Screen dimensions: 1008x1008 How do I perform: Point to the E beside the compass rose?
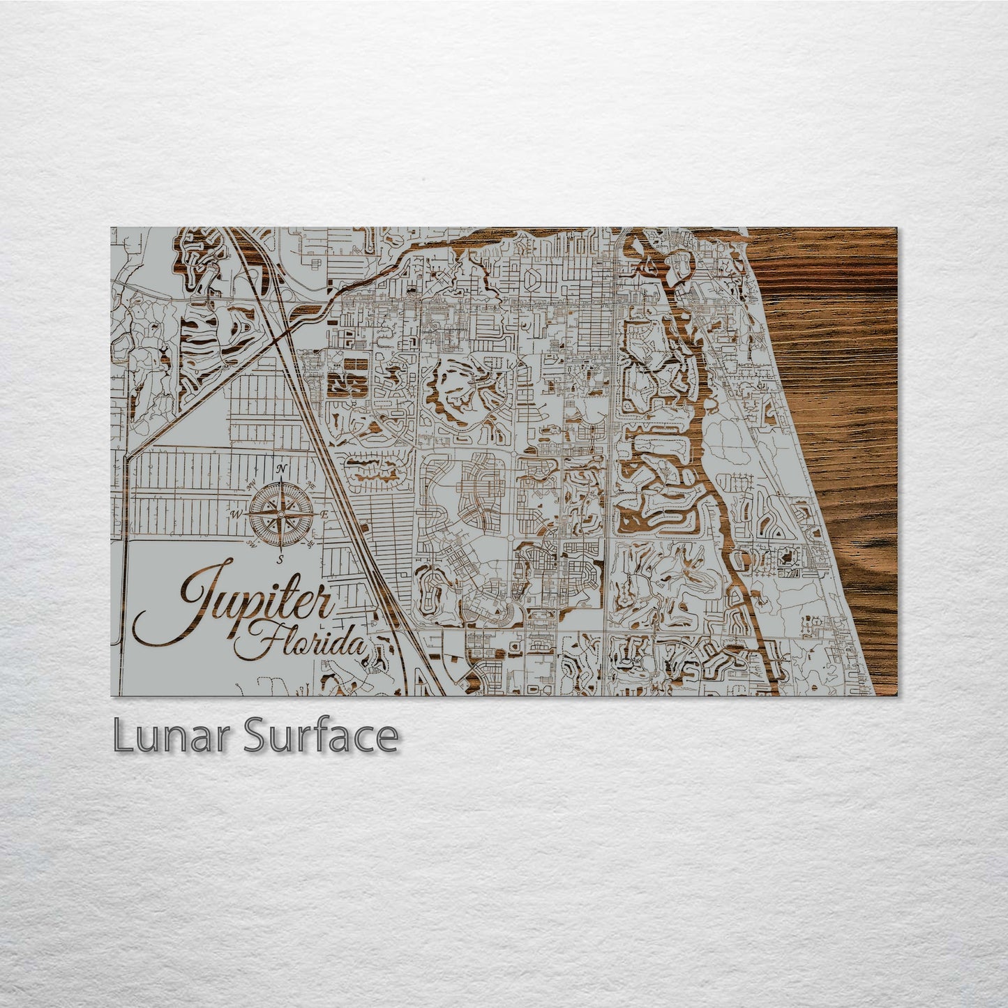click(324, 515)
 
